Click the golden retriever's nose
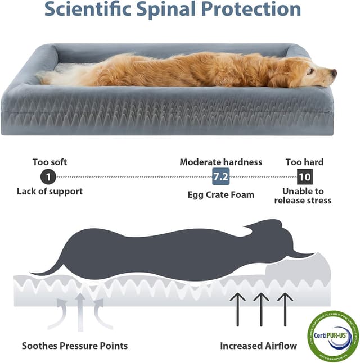tap(334, 72)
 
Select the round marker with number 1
tap(49, 177)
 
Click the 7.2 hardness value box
tap(220, 177)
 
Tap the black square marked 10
tap(304, 177)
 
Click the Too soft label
tap(49, 162)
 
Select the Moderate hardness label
tap(220, 162)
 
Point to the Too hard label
tap(304, 162)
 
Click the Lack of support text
tap(49, 191)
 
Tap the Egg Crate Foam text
tap(220, 195)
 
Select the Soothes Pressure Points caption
tap(75, 346)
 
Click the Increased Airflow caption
tap(258, 346)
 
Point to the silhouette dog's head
tap(270, 236)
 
